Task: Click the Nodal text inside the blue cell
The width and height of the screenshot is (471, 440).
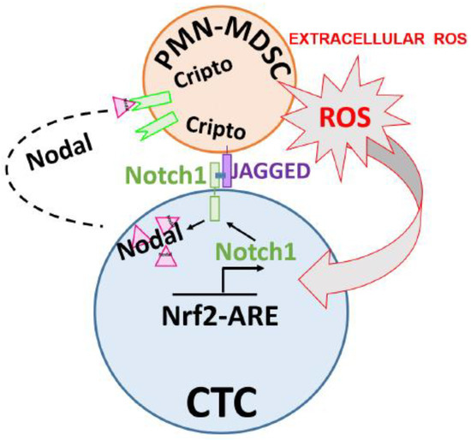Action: point(148,241)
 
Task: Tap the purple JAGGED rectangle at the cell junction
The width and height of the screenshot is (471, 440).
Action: point(227,171)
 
